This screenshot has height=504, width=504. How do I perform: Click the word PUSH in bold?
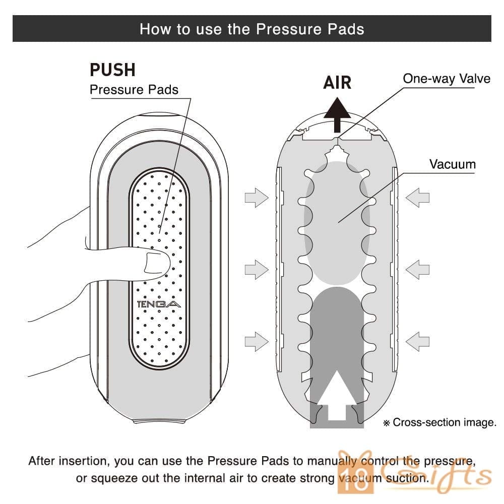[x=112, y=70]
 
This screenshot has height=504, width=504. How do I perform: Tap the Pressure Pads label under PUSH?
[x=134, y=90]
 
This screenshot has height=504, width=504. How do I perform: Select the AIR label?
[x=337, y=83]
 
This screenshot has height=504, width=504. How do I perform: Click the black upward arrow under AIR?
[x=337, y=114]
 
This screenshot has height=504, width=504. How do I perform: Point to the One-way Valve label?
[x=447, y=79]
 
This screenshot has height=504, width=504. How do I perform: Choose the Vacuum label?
[x=452, y=164]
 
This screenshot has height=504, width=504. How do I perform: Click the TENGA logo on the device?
[x=159, y=304]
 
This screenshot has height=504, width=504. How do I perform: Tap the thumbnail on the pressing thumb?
[x=157, y=264]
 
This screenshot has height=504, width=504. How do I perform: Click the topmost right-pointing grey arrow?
[x=256, y=198]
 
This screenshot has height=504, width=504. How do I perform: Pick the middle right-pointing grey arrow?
[x=256, y=270]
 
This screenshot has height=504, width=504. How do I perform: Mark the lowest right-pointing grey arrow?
[x=256, y=341]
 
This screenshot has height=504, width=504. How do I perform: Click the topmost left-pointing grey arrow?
[x=417, y=198]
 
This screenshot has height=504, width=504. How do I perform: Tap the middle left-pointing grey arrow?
[x=417, y=270]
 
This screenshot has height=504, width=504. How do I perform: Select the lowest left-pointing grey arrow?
[x=417, y=341]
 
